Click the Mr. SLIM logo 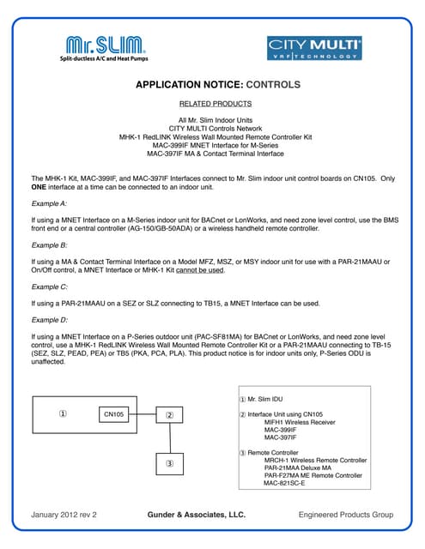pos(101,47)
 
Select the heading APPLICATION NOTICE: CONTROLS pos(218,85)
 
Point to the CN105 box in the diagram pos(114,414)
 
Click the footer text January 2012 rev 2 pos(64,515)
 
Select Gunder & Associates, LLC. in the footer pos(197,515)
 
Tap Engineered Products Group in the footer pos(345,515)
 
